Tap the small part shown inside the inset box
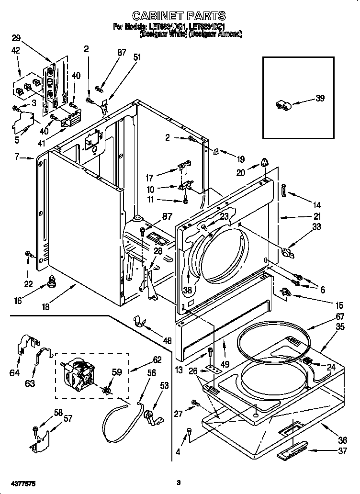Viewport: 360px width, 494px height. (x=282, y=106)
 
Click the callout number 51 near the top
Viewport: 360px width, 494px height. (x=137, y=57)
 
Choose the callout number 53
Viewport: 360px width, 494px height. (x=165, y=385)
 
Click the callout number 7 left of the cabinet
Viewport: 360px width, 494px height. (x=17, y=157)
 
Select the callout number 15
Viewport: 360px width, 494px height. (x=326, y=304)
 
